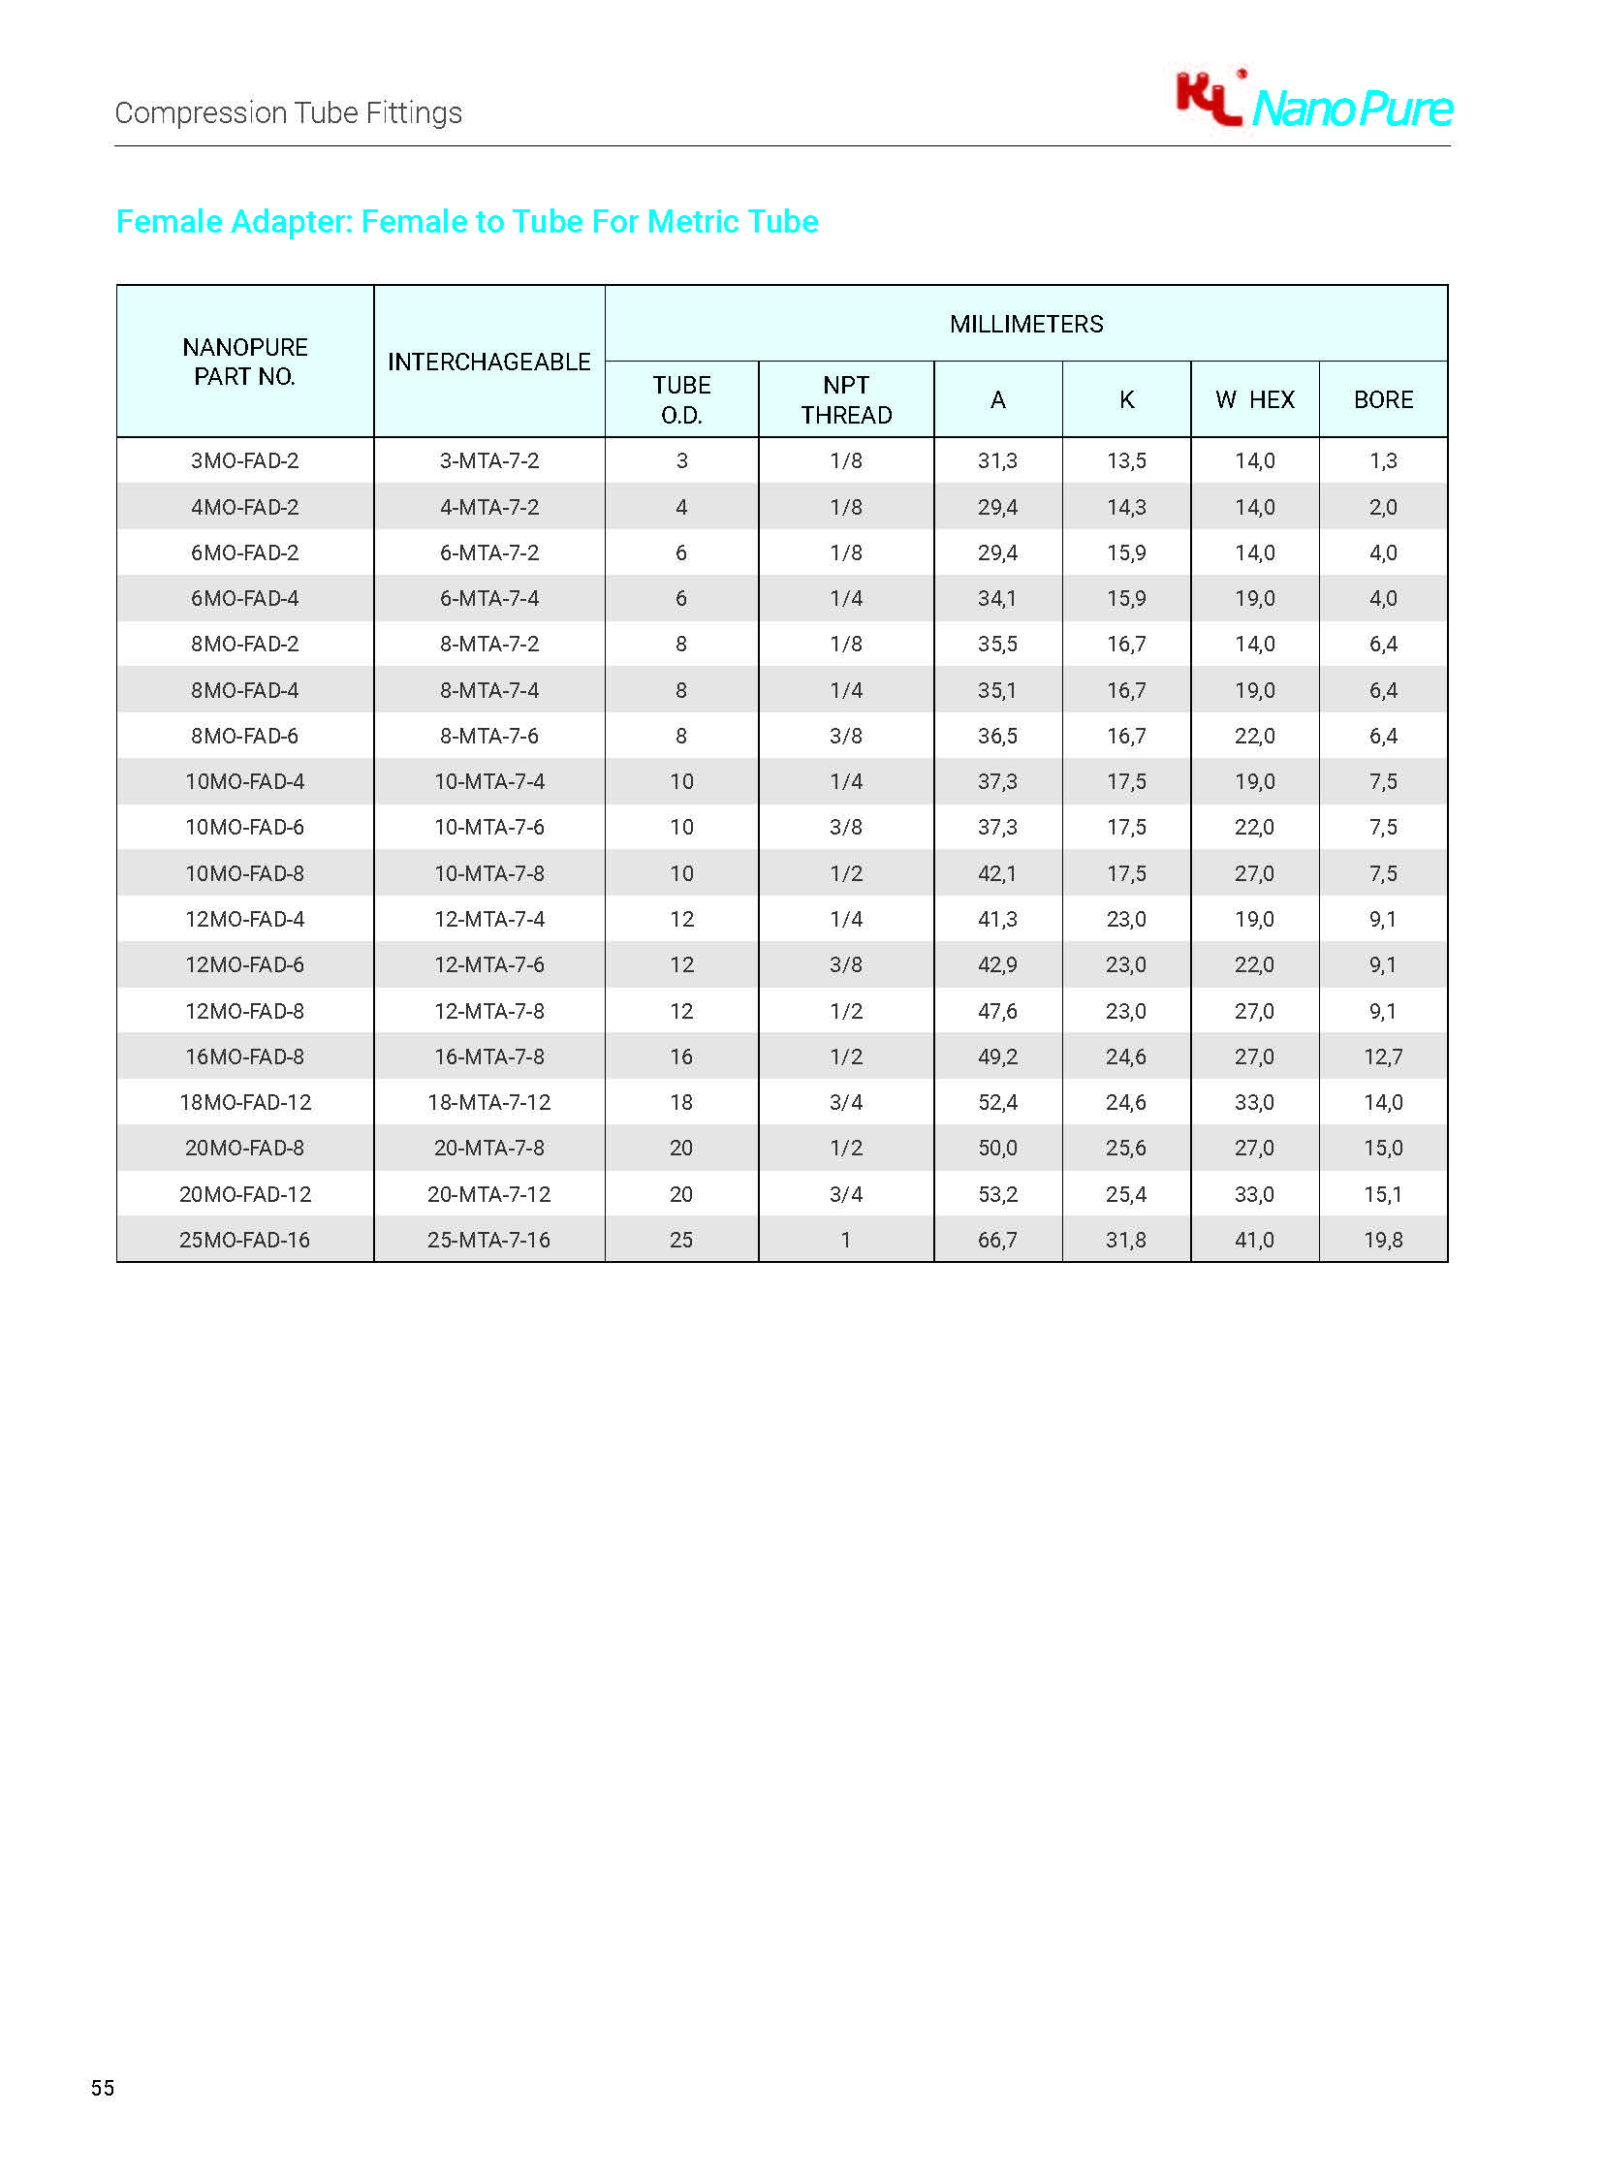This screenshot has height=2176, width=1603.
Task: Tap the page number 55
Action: (103, 2088)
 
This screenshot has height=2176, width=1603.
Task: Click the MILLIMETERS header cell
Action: (1025, 324)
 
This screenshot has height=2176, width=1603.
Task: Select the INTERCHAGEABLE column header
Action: (489, 362)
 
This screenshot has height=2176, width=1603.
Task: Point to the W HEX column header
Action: (1254, 400)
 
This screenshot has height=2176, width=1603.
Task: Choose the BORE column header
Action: (1383, 400)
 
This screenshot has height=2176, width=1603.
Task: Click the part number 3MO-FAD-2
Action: (244, 461)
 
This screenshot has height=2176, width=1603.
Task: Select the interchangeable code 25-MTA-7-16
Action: (489, 1240)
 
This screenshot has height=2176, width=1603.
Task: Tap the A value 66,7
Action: (997, 1240)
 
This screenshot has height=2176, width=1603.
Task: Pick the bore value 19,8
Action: (1383, 1240)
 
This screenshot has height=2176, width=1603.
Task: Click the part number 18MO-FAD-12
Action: (244, 1103)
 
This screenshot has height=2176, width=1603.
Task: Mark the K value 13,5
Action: (1125, 461)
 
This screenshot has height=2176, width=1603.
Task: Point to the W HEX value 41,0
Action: (1254, 1240)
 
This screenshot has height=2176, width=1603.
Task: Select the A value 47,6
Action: (997, 1011)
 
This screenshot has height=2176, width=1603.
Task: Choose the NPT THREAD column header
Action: (846, 400)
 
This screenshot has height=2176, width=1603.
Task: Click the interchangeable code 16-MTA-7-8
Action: (489, 1056)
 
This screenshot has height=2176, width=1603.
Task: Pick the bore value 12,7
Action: (1383, 1056)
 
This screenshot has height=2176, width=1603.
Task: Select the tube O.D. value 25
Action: (681, 1240)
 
